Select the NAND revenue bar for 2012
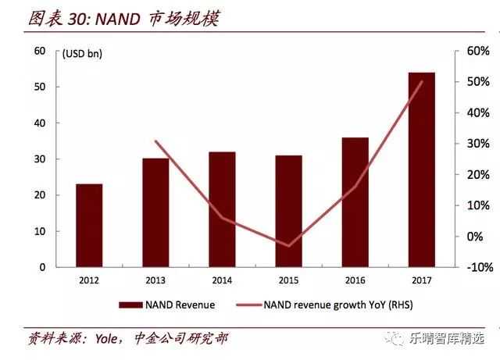[88, 226]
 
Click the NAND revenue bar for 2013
[155, 212]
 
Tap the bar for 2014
[222, 209]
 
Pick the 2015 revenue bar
[288, 211]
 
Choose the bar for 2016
[355, 202]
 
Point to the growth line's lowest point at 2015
[288, 246]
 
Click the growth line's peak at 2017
[422, 81]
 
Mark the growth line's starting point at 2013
[155, 141]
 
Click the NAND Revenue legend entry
[166, 305]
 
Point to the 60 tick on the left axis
[40, 51]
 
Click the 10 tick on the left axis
[40, 231]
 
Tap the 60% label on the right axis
[477, 51]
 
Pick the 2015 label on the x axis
[288, 279]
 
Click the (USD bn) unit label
[82, 54]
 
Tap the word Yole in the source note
[104, 339]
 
